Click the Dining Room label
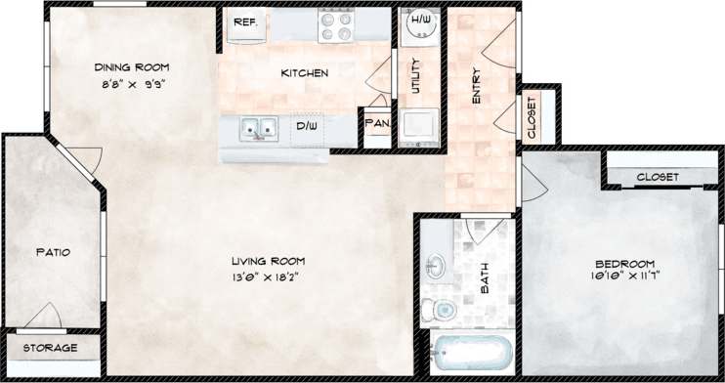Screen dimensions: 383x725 pos(131,67)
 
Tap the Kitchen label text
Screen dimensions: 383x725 pos(304,73)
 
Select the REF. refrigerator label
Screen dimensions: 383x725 pos(245,21)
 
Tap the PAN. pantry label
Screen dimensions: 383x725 pos(376,124)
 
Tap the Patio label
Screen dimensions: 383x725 pos(54,252)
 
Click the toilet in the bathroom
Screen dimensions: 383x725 pos(440,309)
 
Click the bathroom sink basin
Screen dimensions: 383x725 pos(437,264)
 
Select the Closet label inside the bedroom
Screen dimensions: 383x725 pos(656,177)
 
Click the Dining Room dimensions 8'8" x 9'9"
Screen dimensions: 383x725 pos(131,84)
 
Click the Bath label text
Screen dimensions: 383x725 pos(485,280)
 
